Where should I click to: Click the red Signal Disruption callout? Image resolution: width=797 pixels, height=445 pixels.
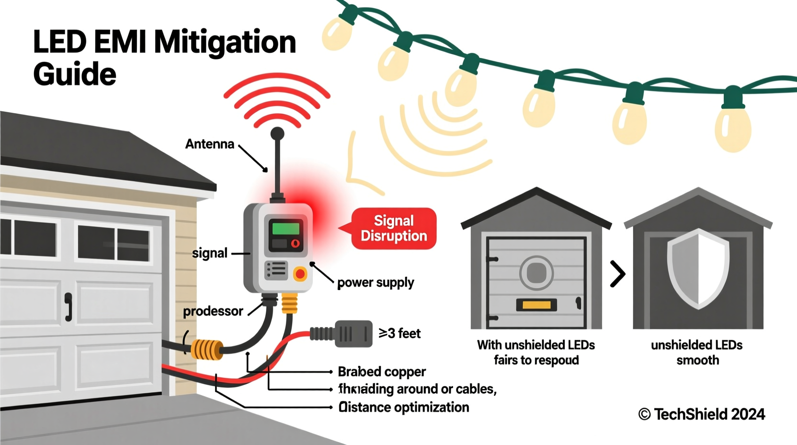coord(394,228)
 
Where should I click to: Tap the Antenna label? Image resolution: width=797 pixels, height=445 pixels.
coord(210,144)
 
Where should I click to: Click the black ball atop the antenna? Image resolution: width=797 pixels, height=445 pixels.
coord(277,133)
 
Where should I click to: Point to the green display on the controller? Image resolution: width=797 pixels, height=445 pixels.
coord(285,228)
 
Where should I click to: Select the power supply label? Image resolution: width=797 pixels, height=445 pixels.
coord(376,282)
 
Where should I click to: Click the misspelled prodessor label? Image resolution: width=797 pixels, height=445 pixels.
coord(213,311)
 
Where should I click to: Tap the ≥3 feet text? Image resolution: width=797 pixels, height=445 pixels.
coord(399,333)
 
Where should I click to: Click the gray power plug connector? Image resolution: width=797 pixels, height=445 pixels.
coord(353,334)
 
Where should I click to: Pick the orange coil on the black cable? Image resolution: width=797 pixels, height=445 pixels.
coord(207,350)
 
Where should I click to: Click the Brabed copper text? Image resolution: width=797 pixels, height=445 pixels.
coord(382,372)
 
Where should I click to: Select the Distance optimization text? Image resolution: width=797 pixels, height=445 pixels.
coord(404,407)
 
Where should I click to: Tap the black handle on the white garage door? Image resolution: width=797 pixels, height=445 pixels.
coord(68,307)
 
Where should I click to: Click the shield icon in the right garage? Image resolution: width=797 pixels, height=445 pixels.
coord(698,269)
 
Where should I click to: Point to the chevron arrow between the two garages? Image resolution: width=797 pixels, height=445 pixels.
coord(618,274)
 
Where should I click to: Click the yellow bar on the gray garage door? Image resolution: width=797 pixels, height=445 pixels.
coord(536,304)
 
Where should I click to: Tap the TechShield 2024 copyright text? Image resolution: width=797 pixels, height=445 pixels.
coord(702,414)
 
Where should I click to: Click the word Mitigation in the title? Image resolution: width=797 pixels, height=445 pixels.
coord(225,42)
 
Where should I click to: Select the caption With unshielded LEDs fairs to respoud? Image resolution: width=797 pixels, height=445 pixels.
coord(536,352)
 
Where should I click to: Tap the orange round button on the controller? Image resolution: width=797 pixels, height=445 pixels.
coord(300,274)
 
